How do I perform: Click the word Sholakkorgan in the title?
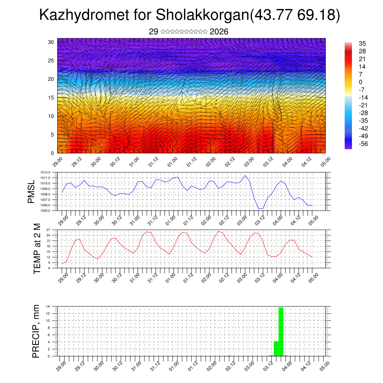tap(202, 16)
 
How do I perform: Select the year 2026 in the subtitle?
tap(219, 32)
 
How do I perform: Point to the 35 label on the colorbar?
tap(362, 43)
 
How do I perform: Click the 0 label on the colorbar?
tap(361, 82)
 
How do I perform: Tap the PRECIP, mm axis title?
tap(36, 331)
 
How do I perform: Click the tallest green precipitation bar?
tap(281, 331)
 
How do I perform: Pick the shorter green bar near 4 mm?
tap(276, 349)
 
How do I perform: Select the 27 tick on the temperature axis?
tap(49, 230)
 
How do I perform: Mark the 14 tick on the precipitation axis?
tap(48, 306)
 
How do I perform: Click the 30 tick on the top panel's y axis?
tap(51, 42)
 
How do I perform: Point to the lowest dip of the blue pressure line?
tap(261, 208)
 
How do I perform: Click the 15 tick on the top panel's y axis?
tap(51, 98)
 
